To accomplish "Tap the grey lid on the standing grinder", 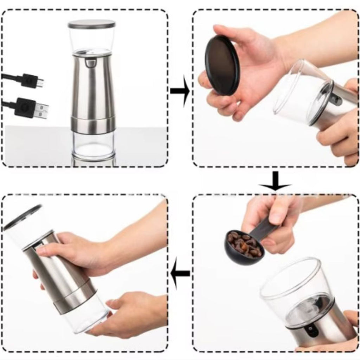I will [x=91, y=24].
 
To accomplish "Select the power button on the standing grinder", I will [x=91, y=63].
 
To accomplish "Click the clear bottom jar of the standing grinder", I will [x=93, y=144].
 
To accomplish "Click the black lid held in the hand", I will [x=222, y=65].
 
